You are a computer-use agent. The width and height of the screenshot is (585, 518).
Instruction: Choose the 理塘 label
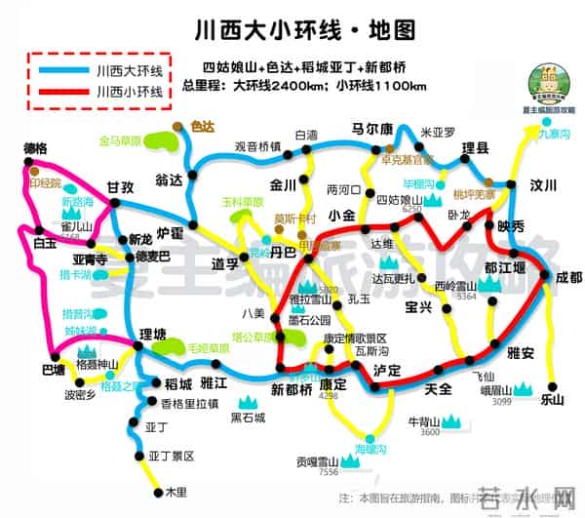tap(154, 334)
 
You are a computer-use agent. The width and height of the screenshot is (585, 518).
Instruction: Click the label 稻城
tap(178, 383)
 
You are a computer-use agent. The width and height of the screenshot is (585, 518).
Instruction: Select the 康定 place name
tap(333, 383)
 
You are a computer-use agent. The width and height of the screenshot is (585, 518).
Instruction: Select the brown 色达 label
tap(203, 126)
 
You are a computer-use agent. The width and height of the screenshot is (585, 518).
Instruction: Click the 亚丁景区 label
tap(172, 456)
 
